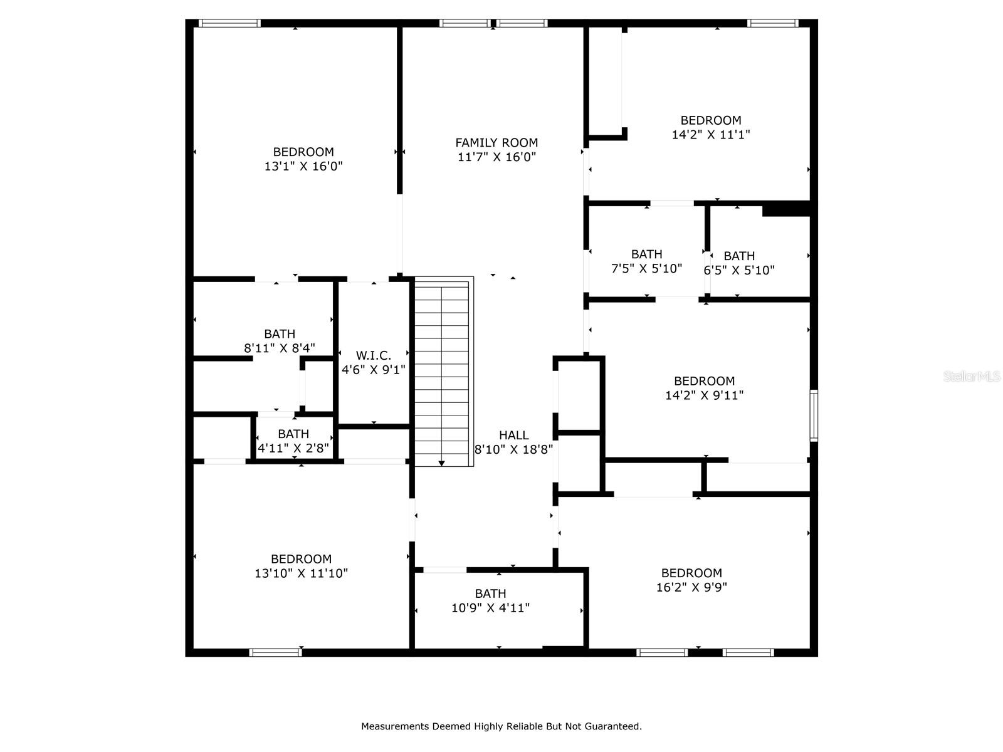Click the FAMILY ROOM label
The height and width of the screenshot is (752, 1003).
tap(496, 143)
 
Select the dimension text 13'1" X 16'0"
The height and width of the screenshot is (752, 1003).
tap(303, 167)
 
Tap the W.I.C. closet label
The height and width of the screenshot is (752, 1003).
tap(374, 355)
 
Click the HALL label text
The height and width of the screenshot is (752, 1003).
tap(513, 435)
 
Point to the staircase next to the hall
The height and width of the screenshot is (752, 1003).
tap(442, 372)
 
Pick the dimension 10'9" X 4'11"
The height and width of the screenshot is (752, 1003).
tap(490, 608)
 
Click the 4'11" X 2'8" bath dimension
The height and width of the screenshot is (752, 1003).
tap(293, 448)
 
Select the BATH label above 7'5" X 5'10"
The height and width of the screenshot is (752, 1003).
tap(646, 254)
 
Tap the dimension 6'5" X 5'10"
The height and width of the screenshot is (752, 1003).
tap(739, 271)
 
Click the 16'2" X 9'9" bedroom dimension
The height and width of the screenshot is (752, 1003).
tap(691, 588)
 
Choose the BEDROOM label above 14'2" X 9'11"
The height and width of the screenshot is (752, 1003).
tap(704, 381)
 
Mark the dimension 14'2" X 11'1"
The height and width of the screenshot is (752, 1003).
tap(711, 135)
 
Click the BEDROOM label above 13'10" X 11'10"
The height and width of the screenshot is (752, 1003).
tap(301, 559)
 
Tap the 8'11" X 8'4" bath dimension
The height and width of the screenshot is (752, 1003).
tap(280, 348)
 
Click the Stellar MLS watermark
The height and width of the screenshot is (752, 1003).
tap(972, 377)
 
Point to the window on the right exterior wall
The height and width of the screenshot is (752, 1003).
tap(814, 415)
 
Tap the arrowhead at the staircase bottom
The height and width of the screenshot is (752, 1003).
tap(441, 463)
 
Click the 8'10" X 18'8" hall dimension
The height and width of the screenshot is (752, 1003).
tap(513, 449)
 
